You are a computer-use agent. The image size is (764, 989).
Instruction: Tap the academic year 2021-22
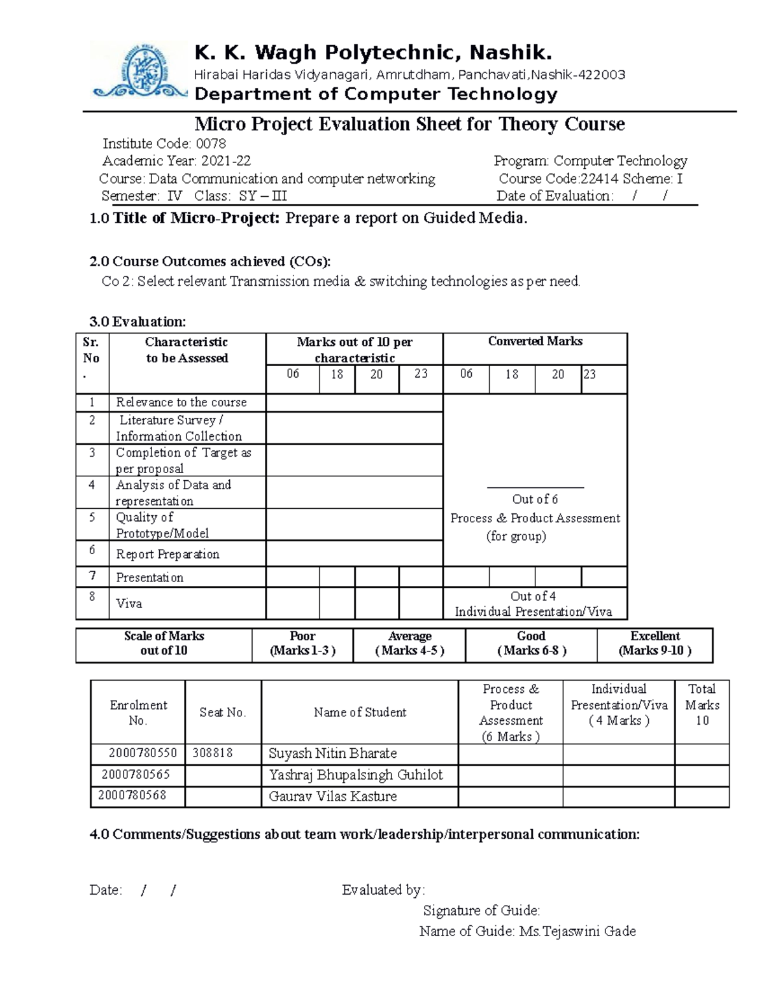tap(222, 161)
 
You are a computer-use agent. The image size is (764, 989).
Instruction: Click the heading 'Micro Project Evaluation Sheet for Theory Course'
tap(409, 124)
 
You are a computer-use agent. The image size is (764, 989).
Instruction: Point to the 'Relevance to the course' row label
tap(181, 402)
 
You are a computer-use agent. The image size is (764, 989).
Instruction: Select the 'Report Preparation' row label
tap(167, 554)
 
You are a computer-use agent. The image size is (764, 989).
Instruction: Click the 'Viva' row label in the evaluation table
tap(129, 604)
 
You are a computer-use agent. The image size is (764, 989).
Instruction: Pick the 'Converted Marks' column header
tap(535, 341)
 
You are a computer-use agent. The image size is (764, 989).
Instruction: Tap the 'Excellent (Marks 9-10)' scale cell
tap(654, 644)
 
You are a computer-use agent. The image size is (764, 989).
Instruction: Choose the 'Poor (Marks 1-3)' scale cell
tap(302, 644)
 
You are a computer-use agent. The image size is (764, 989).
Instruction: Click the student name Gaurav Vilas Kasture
tap(332, 796)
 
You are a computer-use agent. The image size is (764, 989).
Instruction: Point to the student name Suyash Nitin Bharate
tap(332, 753)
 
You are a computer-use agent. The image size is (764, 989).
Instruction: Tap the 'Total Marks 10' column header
tap(702, 705)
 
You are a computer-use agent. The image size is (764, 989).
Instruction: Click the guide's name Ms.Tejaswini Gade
tap(577, 931)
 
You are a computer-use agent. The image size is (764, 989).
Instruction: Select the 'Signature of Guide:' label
tap(481, 911)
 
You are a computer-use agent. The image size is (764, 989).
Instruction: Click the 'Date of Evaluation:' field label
tap(555, 196)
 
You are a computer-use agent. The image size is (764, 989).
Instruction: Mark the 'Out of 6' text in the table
tap(535, 499)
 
